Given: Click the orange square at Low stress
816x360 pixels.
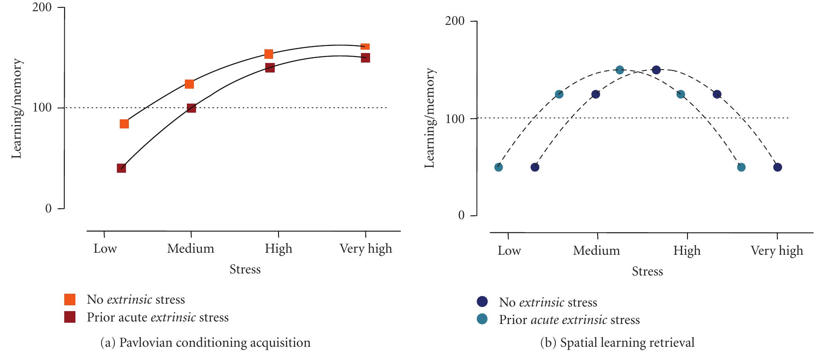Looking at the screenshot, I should coord(124,124).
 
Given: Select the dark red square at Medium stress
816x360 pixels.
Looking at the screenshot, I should coord(191,108).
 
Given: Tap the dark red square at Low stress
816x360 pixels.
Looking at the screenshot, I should coord(121,168).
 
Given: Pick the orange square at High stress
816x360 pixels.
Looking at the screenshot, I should coord(269,54).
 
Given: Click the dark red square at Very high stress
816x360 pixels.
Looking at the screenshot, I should coord(365,58).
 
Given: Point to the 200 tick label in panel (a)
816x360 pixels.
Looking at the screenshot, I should coord(42,8).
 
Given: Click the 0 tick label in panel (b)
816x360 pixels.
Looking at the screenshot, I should coord(461,215).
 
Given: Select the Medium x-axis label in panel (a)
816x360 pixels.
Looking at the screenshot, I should coord(191,249).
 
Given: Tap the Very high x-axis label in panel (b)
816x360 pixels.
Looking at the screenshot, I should coord(777,251).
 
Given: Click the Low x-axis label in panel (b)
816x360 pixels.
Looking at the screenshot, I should coord(509,251).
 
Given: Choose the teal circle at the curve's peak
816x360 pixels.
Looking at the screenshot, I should coord(620,70).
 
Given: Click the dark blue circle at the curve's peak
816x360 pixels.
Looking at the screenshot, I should coord(656,70).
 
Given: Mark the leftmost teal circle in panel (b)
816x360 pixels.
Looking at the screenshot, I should coord(499,167).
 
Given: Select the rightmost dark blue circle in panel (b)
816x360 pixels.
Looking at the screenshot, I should coord(777,167).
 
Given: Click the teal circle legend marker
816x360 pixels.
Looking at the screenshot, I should coord(482,319).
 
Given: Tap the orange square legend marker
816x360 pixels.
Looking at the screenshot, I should coord(70,300).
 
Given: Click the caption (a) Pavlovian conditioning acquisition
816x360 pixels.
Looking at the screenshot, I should coord(206,343).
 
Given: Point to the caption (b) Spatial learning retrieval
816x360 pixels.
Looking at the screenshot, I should coord(617,343).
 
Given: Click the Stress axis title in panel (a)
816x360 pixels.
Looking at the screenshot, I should coord(245,269).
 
